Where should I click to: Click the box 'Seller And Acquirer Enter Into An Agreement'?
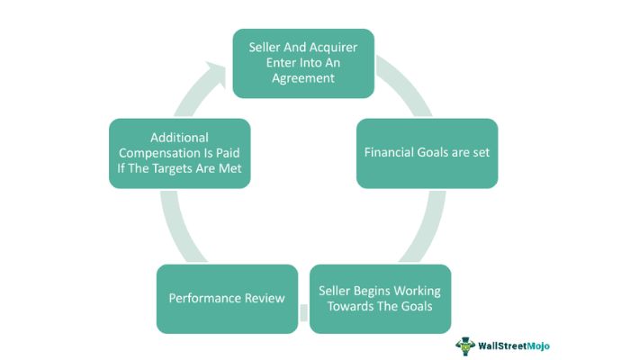(303, 62)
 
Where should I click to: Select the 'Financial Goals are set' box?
(427, 152)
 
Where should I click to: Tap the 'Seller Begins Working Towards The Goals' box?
(380, 299)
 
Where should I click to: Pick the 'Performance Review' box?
(227, 298)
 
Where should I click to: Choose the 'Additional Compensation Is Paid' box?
(179, 153)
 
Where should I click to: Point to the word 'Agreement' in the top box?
(303, 78)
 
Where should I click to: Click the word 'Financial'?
(391, 152)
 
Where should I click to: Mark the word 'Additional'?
(180, 137)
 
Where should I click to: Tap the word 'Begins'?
(376, 291)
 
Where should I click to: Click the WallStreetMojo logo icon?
(465, 346)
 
